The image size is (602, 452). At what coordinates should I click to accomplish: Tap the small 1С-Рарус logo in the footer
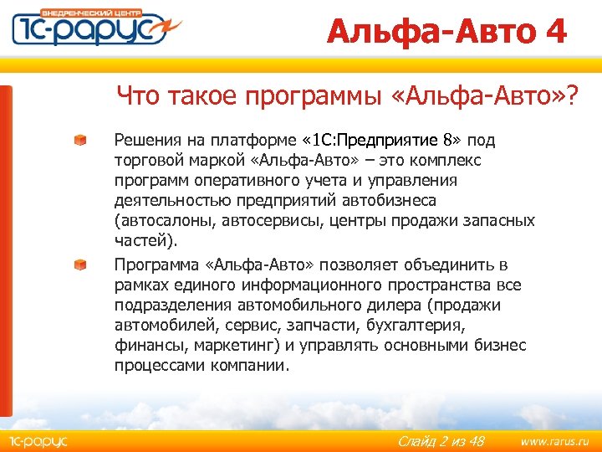[x=38, y=439]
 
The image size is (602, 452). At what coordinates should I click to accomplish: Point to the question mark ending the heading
[x=570, y=96]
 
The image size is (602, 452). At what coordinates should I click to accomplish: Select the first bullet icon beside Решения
[x=79, y=139]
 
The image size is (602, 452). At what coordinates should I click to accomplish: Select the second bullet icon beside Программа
[x=79, y=265]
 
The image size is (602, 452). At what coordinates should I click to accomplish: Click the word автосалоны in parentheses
[x=161, y=221]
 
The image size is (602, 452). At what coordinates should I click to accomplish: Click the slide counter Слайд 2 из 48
[x=441, y=440]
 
